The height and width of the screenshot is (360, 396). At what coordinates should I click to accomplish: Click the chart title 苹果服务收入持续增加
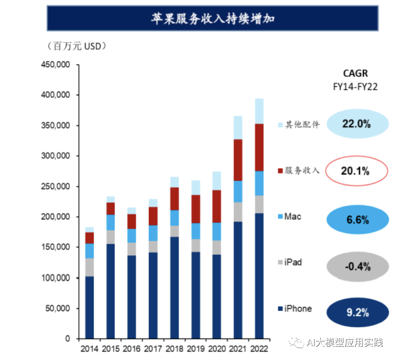pyautogui.click(x=212, y=18)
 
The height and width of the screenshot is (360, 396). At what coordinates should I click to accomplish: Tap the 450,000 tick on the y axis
pyautogui.click(x=55, y=65)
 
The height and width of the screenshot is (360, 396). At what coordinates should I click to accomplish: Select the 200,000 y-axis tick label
pyautogui.click(x=55, y=217)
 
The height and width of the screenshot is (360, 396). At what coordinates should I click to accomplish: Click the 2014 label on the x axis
pyautogui.click(x=90, y=349)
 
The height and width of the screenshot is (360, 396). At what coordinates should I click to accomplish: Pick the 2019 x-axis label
pyautogui.click(x=196, y=349)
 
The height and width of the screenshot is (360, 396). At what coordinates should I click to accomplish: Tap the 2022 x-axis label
pyautogui.click(x=259, y=349)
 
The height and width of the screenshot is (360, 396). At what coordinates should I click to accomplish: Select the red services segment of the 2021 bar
pyautogui.click(x=238, y=160)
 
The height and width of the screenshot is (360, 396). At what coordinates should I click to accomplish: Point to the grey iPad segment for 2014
pyautogui.click(x=90, y=267)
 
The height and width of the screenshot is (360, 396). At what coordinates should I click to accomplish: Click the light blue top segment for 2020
pyautogui.click(x=217, y=181)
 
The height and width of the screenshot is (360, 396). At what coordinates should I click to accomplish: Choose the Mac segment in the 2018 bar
pyautogui.click(x=174, y=218)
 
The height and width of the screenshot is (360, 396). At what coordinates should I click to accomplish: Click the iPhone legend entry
pyautogui.click(x=295, y=309)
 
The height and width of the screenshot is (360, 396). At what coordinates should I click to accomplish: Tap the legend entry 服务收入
pyautogui.click(x=299, y=170)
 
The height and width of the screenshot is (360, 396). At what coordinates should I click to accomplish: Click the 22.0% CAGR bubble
pyautogui.click(x=356, y=124)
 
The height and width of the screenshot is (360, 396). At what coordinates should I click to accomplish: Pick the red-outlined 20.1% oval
pyautogui.click(x=356, y=171)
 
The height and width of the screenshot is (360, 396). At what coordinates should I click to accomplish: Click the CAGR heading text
pyautogui.click(x=355, y=73)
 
